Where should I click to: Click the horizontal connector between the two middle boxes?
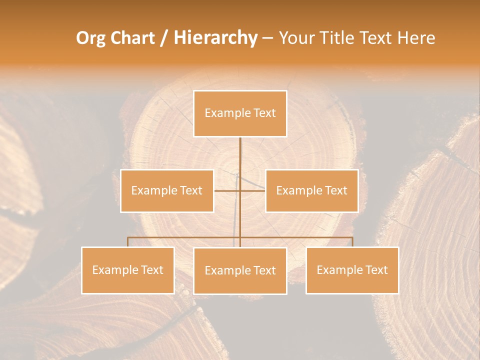(227, 190)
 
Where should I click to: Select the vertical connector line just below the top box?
(240, 150)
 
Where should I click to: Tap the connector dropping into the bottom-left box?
(127, 242)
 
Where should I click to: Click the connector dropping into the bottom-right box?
(352, 242)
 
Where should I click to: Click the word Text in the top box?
(264, 113)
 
